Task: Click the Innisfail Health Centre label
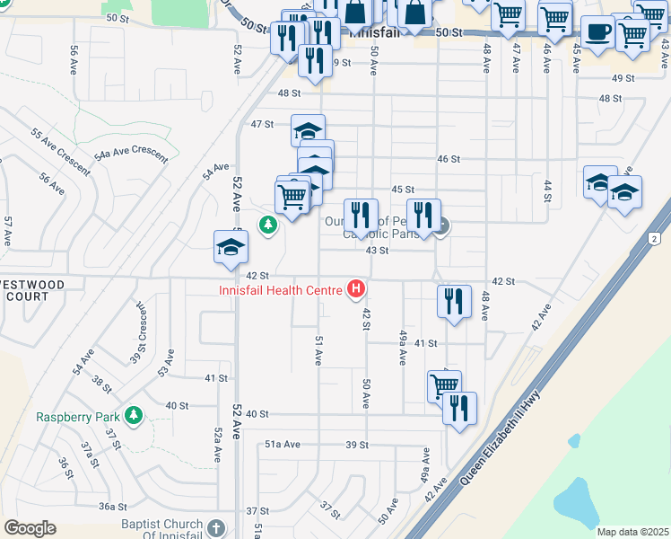coord(280,289)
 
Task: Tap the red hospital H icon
coord(357,289)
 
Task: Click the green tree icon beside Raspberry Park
coord(134,415)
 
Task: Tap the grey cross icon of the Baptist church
coord(215,527)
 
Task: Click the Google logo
coord(30,527)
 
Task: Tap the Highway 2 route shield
coord(654,238)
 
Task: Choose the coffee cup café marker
coord(597,31)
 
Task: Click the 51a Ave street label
coord(281,445)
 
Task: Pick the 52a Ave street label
coord(218,445)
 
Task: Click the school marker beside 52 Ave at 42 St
coord(231,248)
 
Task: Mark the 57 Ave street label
coord(7,232)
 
